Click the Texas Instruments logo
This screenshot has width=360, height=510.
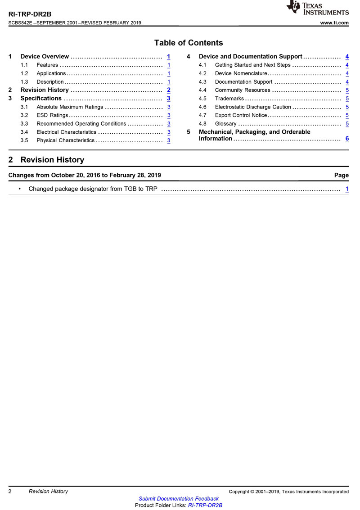[318, 8]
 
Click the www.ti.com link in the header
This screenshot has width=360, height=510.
[334, 23]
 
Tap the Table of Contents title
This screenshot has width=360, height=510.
[188, 43]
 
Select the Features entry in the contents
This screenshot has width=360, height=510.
[47, 65]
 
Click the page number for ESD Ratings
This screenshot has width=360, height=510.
[168, 115]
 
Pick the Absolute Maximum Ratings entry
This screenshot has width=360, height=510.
[70, 107]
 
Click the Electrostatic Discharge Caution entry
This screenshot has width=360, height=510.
[253, 107]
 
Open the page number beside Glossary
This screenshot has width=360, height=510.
[347, 124]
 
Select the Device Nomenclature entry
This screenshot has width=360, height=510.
[241, 73]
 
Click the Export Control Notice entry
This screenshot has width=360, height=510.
[241, 115]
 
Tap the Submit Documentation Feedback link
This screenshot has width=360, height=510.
[179, 498]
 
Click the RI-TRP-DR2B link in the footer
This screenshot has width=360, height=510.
[205, 505]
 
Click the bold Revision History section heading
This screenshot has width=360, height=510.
[52, 160]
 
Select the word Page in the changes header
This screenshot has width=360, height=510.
[341, 175]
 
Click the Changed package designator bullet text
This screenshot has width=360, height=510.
[93, 189]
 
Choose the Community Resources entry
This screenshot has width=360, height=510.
[243, 90]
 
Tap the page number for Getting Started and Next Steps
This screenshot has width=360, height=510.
[347, 65]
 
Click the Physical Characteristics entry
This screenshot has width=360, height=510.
[66, 140]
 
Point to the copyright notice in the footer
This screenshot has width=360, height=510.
[288, 492]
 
